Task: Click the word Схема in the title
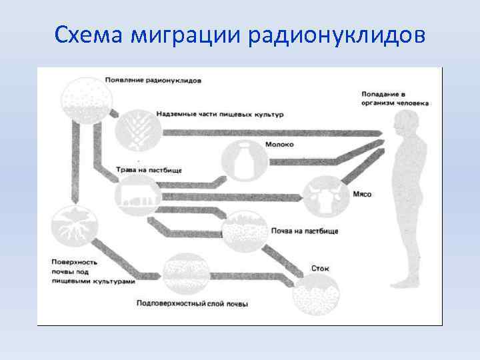[x=89, y=34]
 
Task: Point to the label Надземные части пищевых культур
[x=220, y=114]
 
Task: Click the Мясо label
[x=362, y=195]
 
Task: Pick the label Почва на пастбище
[x=305, y=231]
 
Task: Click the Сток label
[x=320, y=268]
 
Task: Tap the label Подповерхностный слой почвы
[x=192, y=304]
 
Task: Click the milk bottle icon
[x=243, y=161]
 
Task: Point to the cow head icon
[x=322, y=195]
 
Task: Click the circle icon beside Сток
[x=317, y=293]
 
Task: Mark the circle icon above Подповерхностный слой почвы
[x=185, y=273]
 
